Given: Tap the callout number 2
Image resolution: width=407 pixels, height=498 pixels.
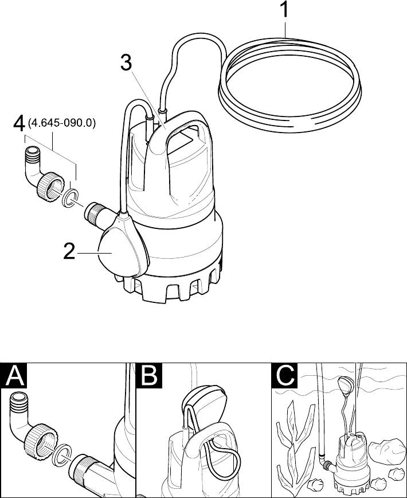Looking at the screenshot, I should [69, 252].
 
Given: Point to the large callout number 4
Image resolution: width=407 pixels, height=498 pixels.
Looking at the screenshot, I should [19, 123].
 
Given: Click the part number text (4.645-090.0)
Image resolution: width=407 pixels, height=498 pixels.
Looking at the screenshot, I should [62, 123].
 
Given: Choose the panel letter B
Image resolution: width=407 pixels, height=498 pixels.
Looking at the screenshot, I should [149, 376].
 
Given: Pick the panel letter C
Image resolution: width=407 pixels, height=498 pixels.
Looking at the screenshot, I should [285, 376].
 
